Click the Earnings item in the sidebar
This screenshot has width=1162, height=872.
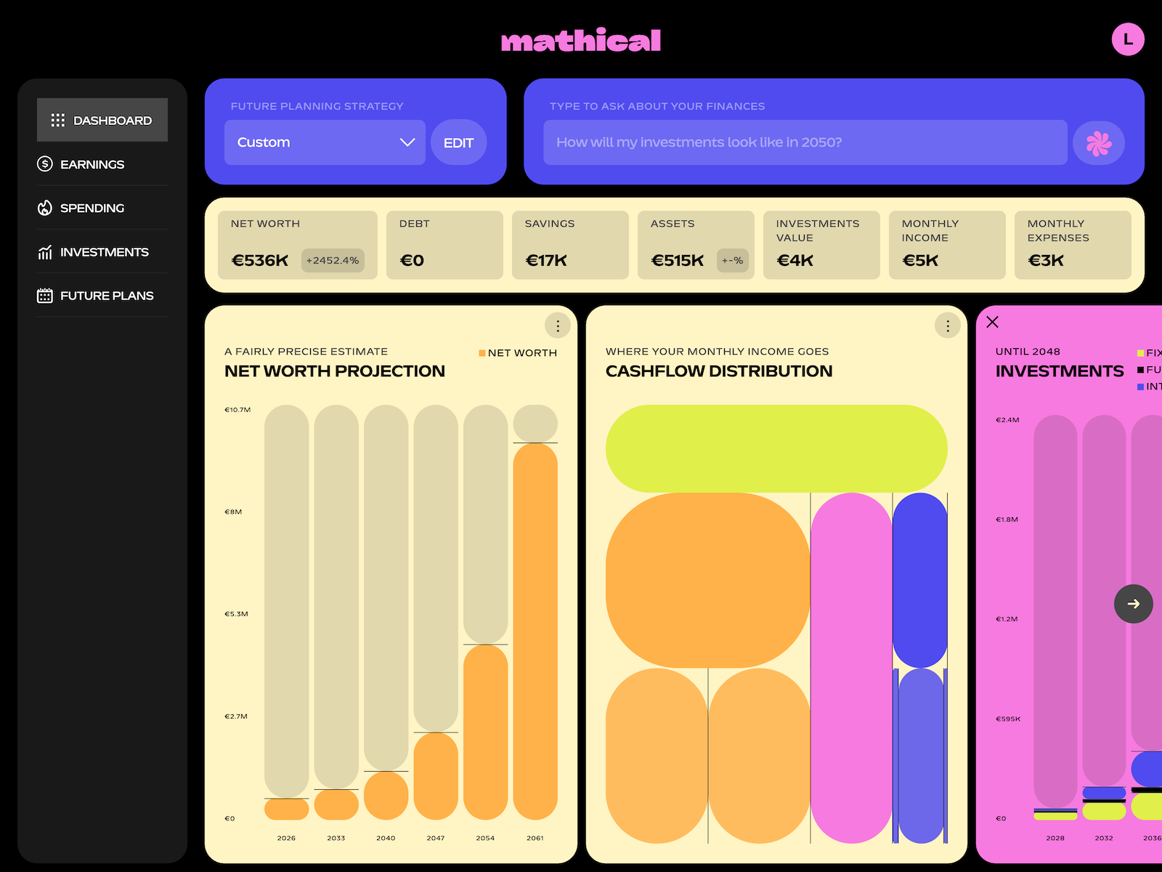pos(92,164)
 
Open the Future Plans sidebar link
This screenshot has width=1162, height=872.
pos(107,296)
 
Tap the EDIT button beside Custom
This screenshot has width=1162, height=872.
pos(458,142)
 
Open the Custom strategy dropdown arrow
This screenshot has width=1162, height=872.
pos(407,142)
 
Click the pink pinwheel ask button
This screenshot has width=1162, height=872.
pos(1098,143)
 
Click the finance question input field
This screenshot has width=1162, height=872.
pos(805,142)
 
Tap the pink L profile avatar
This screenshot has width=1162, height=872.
pos(1127,39)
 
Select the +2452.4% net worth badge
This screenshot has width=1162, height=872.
pos(333,260)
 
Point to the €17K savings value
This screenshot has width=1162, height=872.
pos(546,260)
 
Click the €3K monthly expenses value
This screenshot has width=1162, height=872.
pos(1046,260)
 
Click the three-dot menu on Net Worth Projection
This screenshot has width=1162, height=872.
pos(557,326)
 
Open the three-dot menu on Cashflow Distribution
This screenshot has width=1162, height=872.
pos(947,326)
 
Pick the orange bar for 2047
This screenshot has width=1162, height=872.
pos(436,775)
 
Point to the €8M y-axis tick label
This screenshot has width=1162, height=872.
pos(233,512)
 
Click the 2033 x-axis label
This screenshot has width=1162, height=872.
pos(336,838)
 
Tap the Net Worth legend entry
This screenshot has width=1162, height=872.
pos(518,353)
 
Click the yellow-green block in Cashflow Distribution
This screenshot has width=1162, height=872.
pos(776,448)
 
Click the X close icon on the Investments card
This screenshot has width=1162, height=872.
pos(993,322)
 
